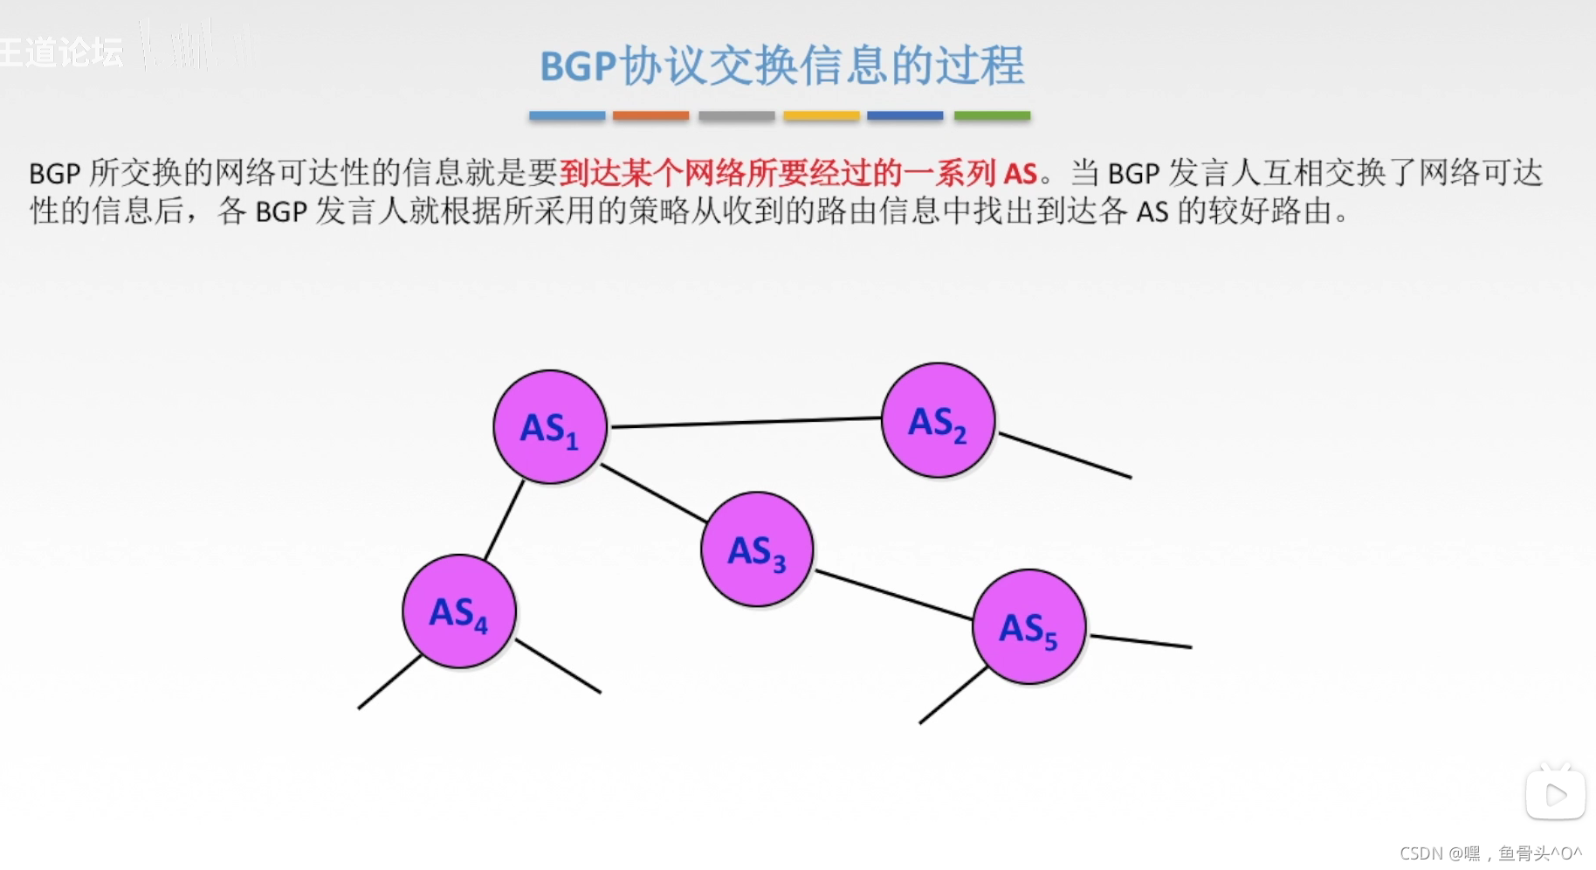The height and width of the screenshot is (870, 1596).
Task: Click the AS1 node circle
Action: pyautogui.click(x=550, y=426)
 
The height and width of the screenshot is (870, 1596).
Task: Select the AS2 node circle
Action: pyautogui.click(x=938, y=420)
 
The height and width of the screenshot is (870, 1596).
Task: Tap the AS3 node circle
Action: pyautogui.click(x=757, y=549)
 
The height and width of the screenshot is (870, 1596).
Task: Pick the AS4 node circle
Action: pyautogui.click(x=459, y=611)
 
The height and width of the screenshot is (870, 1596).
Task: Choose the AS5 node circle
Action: pyautogui.click(x=1028, y=626)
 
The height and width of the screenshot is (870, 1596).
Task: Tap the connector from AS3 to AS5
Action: pyautogui.click(x=894, y=595)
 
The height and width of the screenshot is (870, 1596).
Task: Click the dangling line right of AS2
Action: pyautogui.click(x=1065, y=455)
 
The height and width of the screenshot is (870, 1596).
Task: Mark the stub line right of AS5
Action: pyautogui.click(x=1140, y=641)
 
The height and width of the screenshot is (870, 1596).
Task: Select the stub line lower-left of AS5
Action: pyautogui.click(x=953, y=695)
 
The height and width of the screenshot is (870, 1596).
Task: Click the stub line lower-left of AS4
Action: pyautogui.click(x=389, y=682)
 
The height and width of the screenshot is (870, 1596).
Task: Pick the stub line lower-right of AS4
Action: pyautogui.click(x=558, y=666)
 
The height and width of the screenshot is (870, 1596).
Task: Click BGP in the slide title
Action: pyautogui.click(x=578, y=66)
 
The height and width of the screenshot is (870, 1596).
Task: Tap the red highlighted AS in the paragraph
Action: pyautogui.click(x=1020, y=173)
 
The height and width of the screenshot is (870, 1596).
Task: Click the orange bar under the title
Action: pyautogui.click(x=650, y=115)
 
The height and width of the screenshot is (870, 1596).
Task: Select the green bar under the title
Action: pyautogui.click(x=992, y=115)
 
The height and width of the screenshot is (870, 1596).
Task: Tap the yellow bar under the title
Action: pyautogui.click(x=821, y=115)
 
